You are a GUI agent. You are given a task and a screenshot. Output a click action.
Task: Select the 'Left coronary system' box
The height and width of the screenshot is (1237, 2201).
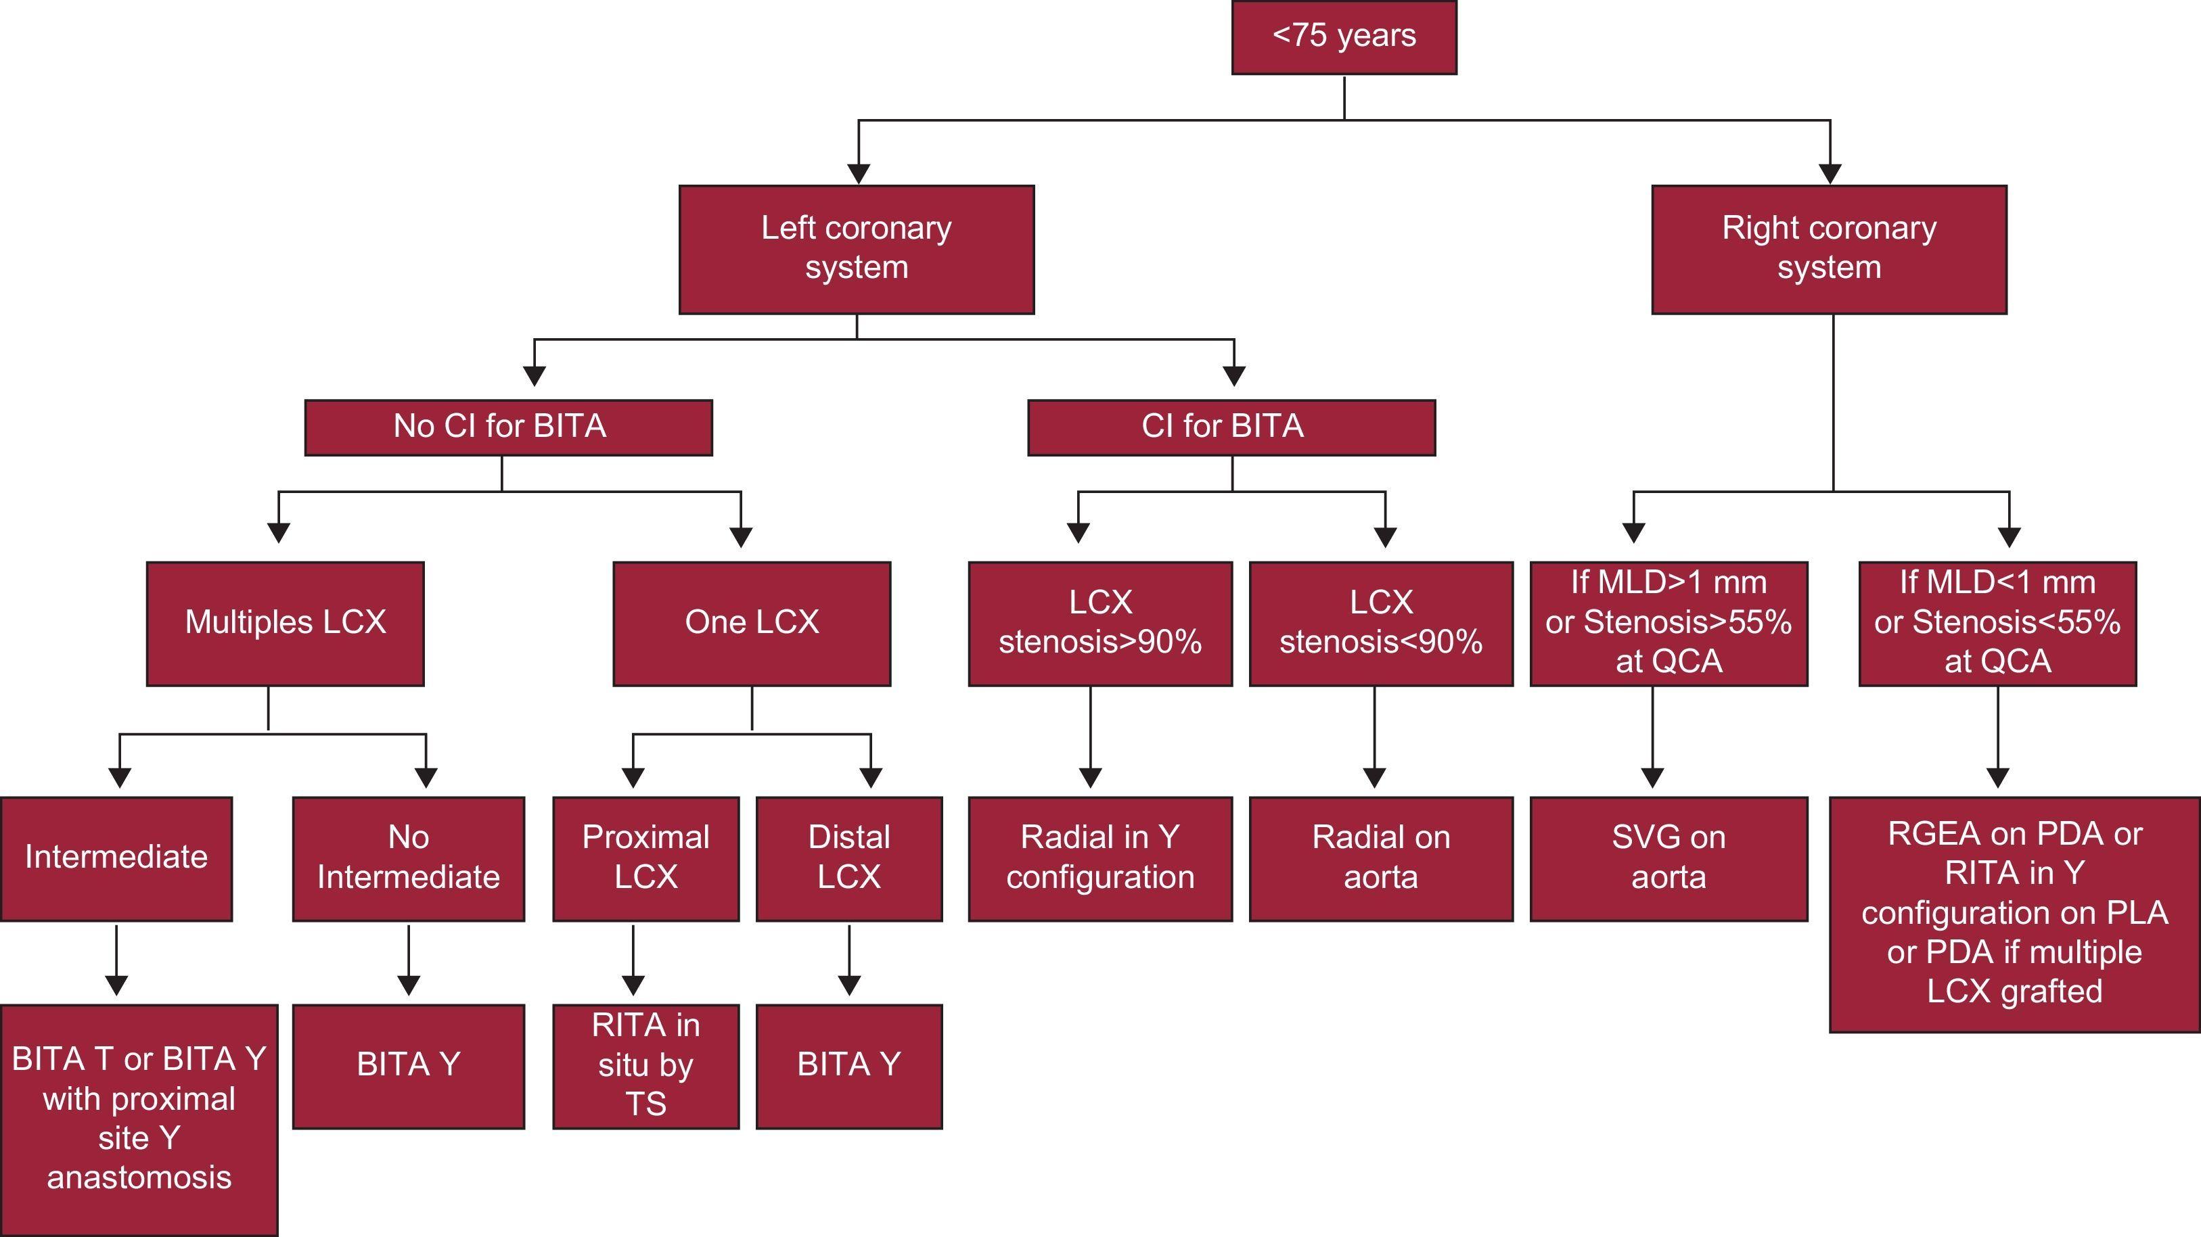tap(856, 250)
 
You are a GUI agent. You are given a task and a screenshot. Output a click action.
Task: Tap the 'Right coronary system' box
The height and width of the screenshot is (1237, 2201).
tap(1828, 250)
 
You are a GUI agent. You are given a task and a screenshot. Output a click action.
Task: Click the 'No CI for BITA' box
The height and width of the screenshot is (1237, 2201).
tap(507, 427)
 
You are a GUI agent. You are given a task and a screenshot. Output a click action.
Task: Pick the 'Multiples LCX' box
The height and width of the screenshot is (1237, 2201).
tap(285, 623)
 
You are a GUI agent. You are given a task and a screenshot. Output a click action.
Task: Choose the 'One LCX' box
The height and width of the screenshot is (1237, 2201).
tap(751, 623)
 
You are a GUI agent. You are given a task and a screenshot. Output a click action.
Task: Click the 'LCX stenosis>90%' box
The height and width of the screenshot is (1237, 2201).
tap(1099, 623)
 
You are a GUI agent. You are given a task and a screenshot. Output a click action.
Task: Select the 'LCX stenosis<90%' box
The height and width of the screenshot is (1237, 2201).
tap(1381, 623)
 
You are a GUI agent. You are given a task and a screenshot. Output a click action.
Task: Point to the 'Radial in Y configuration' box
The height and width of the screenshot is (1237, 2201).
tap(1099, 858)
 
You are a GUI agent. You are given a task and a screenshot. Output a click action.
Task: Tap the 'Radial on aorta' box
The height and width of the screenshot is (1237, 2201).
tap(1381, 858)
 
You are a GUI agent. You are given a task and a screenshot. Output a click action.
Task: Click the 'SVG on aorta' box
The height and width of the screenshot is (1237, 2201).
tap(1668, 858)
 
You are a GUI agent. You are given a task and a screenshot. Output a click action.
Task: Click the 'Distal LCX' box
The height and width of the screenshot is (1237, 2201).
tap(848, 858)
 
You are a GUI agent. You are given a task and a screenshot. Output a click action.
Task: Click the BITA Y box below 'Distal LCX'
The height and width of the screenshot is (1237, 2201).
tap(848, 1066)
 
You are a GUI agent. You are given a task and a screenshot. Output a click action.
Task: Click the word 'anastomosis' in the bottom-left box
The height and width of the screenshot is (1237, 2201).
tap(139, 1178)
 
